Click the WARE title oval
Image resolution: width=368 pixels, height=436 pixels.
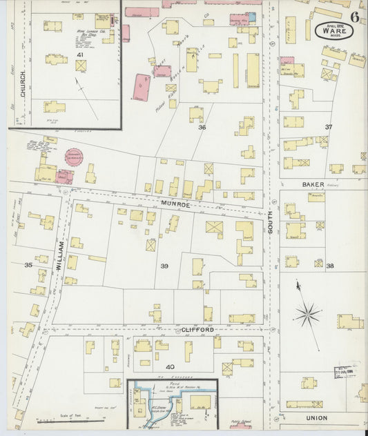[x=333, y=31]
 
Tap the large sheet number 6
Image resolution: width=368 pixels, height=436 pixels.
[x=354, y=17]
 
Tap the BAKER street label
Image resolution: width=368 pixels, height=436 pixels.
[x=311, y=184]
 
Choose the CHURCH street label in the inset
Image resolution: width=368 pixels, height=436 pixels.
[x=22, y=83]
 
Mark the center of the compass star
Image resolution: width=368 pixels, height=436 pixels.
[x=307, y=315]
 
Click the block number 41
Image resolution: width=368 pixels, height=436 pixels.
[x=80, y=54]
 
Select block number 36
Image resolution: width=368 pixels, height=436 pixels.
[x=202, y=128]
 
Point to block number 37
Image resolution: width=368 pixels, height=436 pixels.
[x=329, y=127]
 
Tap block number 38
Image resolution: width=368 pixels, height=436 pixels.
[x=329, y=266]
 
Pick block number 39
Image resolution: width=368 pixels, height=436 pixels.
[x=164, y=266]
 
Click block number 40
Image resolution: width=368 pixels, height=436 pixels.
[x=170, y=366]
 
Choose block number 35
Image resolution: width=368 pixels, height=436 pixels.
[x=28, y=265]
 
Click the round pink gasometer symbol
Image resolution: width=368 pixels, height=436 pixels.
[x=73, y=157]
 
